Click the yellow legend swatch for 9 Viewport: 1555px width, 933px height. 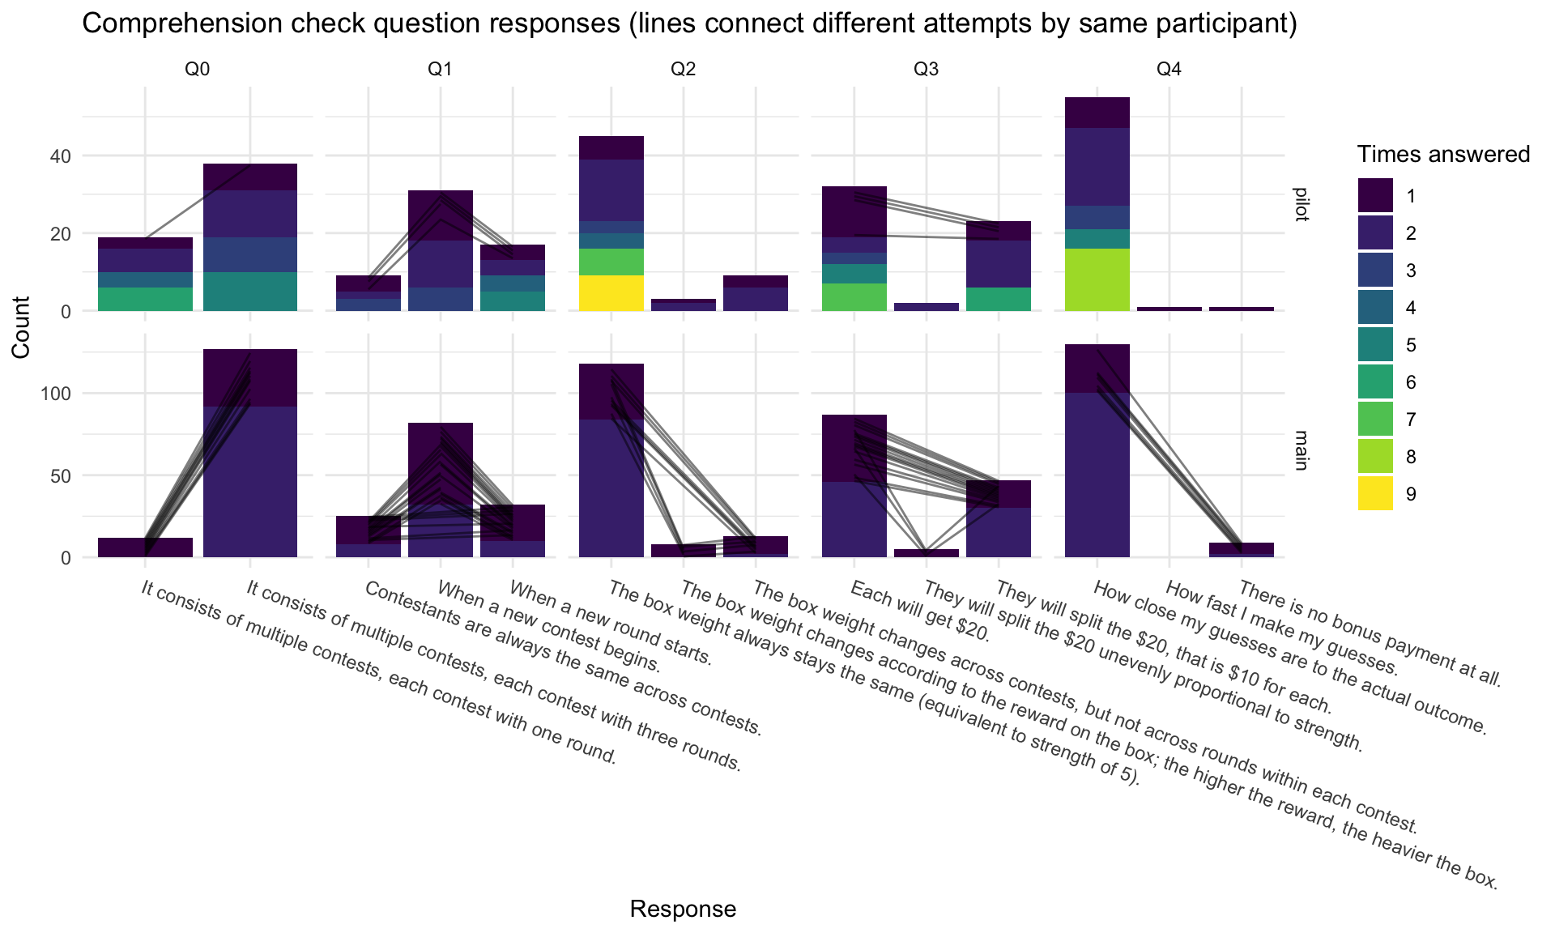[x=1375, y=493]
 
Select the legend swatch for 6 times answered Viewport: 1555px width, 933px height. [x=1375, y=381]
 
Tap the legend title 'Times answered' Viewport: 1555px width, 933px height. [x=1443, y=154]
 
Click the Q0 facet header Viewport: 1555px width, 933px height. [x=197, y=70]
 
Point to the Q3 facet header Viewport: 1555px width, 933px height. [x=926, y=70]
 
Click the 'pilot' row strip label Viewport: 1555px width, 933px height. [x=1301, y=204]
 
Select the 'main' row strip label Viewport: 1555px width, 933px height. [x=1301, y=450]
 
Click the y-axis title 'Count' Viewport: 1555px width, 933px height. [x=22, y=326]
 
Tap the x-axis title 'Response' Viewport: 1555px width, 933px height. [x=683, y=909]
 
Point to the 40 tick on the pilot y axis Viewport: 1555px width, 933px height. [x=63, y=155]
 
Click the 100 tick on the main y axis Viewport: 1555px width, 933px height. [x=58, y=394]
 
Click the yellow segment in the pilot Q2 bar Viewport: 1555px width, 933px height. [x=611, y=293]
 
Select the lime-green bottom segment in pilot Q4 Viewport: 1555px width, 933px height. [x=1097, y=279]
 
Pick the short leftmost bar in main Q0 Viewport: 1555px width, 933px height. [x=145, y=547]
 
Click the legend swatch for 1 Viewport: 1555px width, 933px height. [x=1375, y=195]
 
